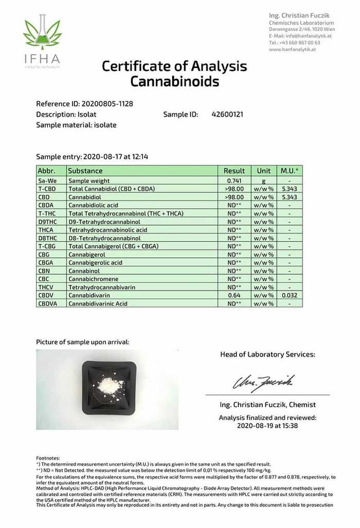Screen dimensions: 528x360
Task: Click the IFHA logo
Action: click(42, 41)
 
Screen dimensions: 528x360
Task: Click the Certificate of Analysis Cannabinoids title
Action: click(174, 74)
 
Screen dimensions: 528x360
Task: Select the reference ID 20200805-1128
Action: click(109, 104)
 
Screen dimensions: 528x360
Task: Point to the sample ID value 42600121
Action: click(227, 114)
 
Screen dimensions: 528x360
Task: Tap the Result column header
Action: click(234, 171)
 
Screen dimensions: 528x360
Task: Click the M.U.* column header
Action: click(290, 171)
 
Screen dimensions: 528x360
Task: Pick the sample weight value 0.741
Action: click(234, 181)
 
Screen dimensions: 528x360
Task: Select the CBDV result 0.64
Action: click(234, 295)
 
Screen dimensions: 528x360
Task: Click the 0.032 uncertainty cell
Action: click(290, 295)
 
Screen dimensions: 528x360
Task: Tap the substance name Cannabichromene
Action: click(93, 279)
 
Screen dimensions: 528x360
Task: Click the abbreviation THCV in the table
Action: click(46, 287)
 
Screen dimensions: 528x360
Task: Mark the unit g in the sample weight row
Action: click(264, 181)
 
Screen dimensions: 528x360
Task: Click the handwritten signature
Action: click(263, 382)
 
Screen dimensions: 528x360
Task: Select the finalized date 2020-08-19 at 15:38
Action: click(267, 426)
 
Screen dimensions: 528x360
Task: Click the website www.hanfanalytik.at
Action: click(292, 50)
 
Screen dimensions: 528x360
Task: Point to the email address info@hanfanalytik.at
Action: click(309, 36)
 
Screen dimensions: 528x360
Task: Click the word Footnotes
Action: click(48, 458)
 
